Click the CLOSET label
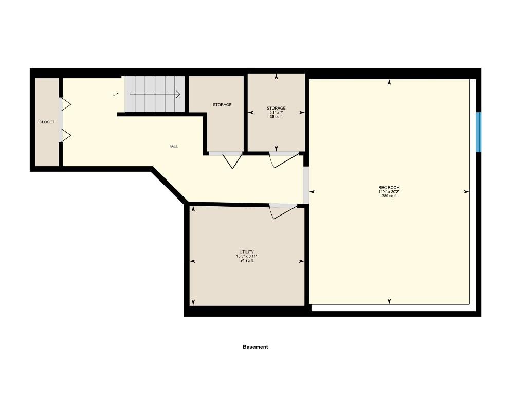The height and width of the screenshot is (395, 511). (x=47, y=122)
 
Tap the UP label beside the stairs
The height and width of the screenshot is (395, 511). (x=115, y=94)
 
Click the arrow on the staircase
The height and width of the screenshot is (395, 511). (x=154, y=94)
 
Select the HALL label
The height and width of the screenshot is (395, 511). (x=173, y=146)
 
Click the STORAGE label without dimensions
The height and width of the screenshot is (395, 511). (x=222, y=105)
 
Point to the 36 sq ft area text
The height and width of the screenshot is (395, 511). (x=276, y=117)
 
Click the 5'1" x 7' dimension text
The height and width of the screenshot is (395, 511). (x=276, y=113)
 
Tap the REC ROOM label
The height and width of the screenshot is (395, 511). (x=389, y=187)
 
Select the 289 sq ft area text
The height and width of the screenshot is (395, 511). (x=389, y=196)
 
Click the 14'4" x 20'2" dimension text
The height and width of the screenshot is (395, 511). (x=389, y=192)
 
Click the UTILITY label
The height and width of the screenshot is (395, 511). (x=247, y=252)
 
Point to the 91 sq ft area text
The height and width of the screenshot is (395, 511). (x=247, y=260)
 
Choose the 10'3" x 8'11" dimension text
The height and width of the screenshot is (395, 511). (x=247, y=256)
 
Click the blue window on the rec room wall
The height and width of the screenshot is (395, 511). (x=478, y=132)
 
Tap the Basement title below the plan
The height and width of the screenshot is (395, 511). (x=255, y=347)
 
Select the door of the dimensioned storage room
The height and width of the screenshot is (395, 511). (x=283, y=159)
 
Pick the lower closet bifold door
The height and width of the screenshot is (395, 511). (x=65, y=135)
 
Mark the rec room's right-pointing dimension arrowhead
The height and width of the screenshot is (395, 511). (x=466, y=192)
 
